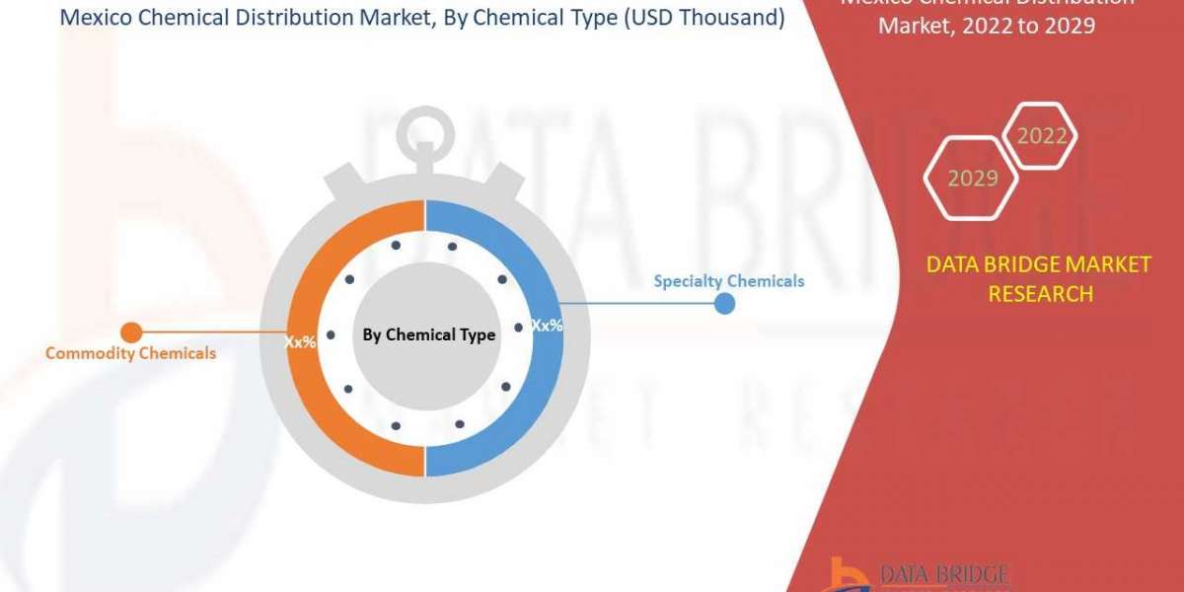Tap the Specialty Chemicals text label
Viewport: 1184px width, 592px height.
(728, 281)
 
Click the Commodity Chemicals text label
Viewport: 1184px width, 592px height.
(130, 353)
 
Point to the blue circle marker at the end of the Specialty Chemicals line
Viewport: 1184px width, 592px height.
(724, 303)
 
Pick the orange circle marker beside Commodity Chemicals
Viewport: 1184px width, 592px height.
(130, 333)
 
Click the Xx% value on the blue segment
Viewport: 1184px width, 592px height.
(547, 325)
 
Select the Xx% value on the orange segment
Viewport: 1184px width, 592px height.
(300, 342)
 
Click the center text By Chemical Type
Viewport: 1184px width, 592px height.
(428, 335)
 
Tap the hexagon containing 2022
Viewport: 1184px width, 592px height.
(1041, 136)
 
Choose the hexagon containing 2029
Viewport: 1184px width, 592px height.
(972, 179)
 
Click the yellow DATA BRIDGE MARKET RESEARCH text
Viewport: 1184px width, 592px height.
(1039, 278)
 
